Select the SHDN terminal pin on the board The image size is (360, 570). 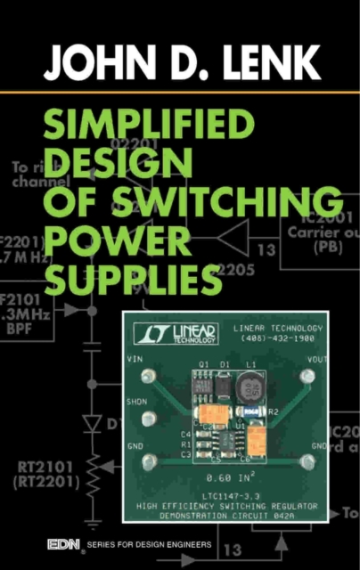[149, 418]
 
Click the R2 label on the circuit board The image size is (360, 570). [273, 412]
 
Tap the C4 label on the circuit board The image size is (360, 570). [186, 434]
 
